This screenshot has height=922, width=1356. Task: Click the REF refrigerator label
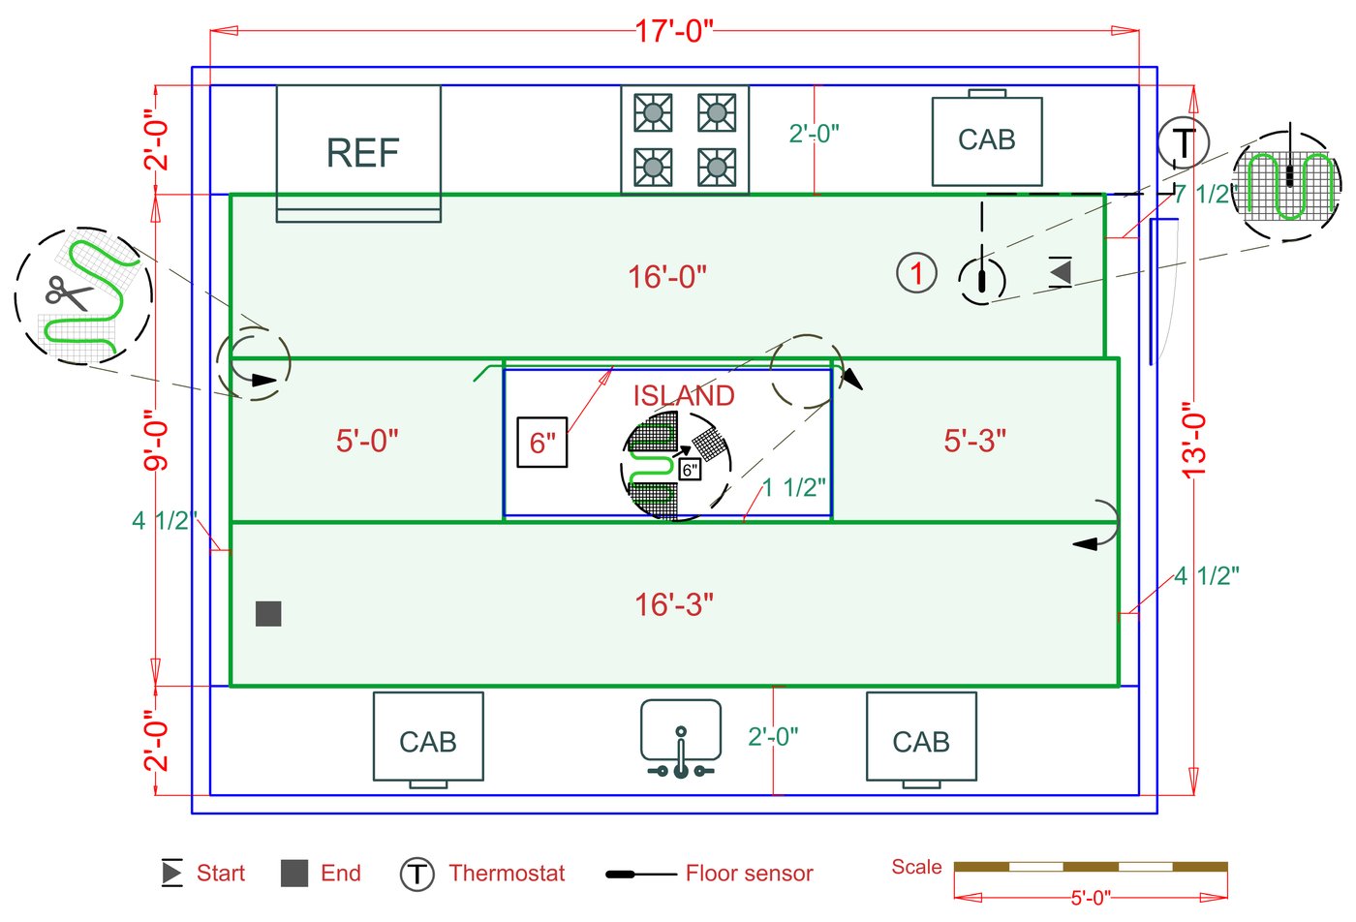[362, 153]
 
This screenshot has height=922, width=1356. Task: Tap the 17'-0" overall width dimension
[674, 31]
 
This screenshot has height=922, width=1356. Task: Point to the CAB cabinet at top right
[986, 140]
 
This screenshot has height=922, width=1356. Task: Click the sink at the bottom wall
[681, 737]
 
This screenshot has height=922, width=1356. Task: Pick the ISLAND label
[684, 395]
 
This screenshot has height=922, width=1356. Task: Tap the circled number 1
[916, 273]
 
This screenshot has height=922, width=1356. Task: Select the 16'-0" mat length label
[667, 277]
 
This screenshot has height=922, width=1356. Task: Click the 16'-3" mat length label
[674, 605]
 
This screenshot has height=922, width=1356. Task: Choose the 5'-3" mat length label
[974, 441]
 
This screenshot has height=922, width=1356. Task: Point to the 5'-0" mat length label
[367, 441]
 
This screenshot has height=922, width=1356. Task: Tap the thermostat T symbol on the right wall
[1183, 142]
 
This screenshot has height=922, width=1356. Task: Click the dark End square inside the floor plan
[268, 613]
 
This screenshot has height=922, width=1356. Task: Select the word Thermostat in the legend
[507, 874]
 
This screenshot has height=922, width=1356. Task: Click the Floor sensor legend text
[749, 874]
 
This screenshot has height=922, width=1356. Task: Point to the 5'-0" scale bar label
[1091, 898]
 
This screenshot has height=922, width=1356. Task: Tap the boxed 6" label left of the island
[541, 443]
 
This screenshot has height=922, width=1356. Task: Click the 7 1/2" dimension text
[1205, 195]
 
